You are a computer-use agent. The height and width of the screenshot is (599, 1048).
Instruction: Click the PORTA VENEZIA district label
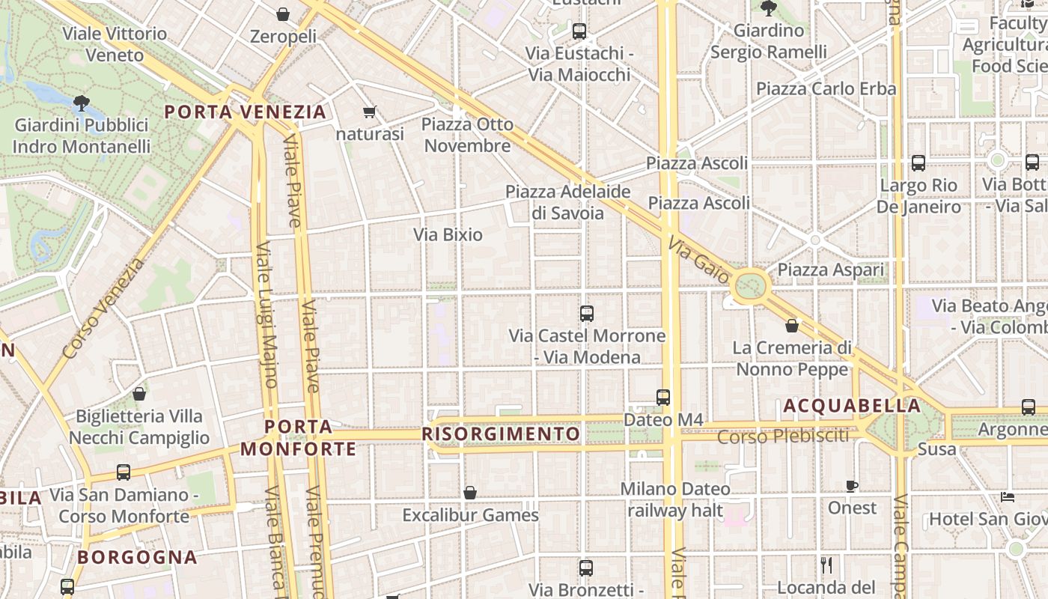246,112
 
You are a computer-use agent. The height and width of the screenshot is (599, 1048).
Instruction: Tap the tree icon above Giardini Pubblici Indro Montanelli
82,103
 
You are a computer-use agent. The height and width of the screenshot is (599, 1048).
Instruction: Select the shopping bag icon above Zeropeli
283,14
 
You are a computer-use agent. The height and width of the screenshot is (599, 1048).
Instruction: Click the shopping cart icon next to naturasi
369,112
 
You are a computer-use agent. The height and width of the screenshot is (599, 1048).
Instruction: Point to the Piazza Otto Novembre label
468,135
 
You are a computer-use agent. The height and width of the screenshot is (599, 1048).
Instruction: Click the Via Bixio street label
448,234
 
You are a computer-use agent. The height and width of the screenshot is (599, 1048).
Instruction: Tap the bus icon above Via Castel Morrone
587,314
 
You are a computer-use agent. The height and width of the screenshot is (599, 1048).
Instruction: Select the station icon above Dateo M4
662,397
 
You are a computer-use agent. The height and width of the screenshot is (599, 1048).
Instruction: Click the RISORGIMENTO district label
502,434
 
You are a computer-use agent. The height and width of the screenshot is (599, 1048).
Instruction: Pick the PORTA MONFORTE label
299,438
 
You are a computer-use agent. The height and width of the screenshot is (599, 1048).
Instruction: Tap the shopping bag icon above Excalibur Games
470,493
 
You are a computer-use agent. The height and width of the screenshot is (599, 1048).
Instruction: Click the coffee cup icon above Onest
852,486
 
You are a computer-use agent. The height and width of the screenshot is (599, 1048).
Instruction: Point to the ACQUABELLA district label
852,406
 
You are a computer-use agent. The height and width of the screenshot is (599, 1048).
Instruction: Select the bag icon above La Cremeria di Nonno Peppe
792,326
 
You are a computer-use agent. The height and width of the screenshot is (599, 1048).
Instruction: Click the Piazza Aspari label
831,270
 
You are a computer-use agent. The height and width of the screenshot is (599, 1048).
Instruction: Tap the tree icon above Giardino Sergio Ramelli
768,8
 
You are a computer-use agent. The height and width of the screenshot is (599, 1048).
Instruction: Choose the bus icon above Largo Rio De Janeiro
918,162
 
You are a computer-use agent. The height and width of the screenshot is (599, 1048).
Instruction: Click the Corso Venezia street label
103,308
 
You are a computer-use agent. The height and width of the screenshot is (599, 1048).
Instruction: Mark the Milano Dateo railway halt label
675,499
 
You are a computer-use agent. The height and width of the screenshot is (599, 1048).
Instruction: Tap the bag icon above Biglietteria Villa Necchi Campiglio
139,393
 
